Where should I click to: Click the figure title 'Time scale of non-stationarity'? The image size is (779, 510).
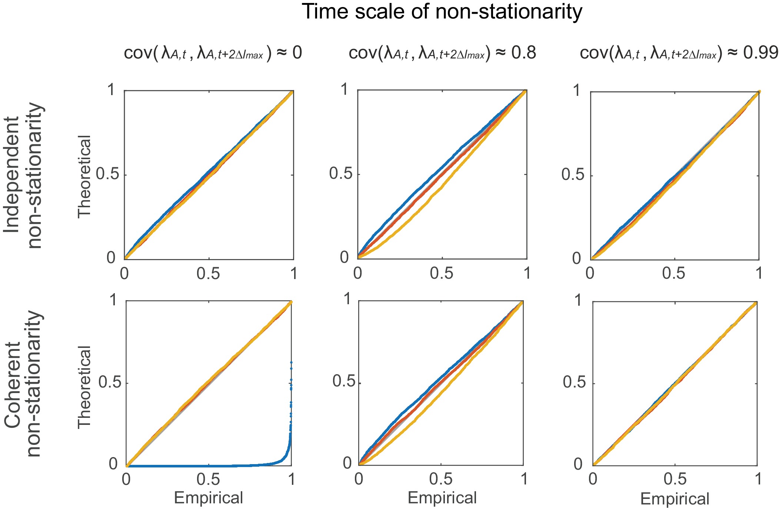point(442,12)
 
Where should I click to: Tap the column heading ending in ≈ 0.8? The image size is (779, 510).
point(442,54)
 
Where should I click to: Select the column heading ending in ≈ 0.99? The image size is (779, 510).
point(679,54)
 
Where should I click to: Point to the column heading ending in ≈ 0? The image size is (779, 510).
point(213,54)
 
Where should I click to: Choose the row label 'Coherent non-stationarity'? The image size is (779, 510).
point(23,383)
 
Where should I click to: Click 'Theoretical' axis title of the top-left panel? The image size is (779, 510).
point(84,176)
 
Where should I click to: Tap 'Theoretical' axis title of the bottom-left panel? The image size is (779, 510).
point(84,387)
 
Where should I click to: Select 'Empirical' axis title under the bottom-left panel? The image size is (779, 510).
point(209,498)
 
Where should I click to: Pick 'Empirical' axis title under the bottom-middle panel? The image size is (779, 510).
point(442,498)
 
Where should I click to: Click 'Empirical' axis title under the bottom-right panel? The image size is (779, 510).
point(675,499)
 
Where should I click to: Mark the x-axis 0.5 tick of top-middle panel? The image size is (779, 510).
point(442,274)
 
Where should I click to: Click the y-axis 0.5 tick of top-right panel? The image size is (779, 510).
point(573,175)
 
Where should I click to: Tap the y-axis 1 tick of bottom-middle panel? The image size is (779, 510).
point(347,299)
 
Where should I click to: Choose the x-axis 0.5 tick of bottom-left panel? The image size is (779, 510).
point(209,480)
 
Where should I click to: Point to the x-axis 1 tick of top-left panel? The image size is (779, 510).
point(294,274)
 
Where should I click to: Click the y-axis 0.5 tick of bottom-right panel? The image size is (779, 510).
point(575,382)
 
